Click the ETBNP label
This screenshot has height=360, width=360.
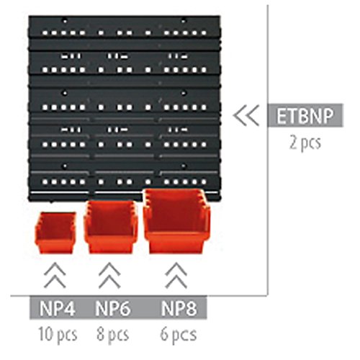pos(305,116)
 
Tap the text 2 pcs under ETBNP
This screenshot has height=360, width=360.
pos(305,143)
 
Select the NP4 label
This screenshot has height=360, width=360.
pos(57,308)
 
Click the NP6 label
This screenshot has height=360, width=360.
pos(113,308)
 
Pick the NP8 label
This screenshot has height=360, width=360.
pos(179,308)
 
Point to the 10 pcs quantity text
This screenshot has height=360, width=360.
pos(58,334)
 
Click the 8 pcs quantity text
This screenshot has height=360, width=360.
pos(112,334)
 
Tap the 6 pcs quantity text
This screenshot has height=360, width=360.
pos(179,334)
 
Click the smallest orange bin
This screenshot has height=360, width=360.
pos(55,233)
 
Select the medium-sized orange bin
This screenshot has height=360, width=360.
pos(110,227)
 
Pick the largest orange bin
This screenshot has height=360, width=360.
pos(176,221)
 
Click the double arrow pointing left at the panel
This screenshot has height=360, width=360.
pos(246,115)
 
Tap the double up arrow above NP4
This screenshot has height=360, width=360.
pos(55,275)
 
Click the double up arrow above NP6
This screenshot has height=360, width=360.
pos(109,275)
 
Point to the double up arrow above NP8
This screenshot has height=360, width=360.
pos(176,275)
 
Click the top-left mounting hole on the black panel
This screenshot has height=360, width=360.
pos(65,21)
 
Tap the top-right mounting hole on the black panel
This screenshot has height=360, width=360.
pos(184,21)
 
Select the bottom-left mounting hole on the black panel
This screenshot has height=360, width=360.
pos(65,166)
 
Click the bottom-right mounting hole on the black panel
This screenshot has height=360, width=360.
pos(184,166)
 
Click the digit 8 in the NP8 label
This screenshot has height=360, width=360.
pos(192,308)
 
